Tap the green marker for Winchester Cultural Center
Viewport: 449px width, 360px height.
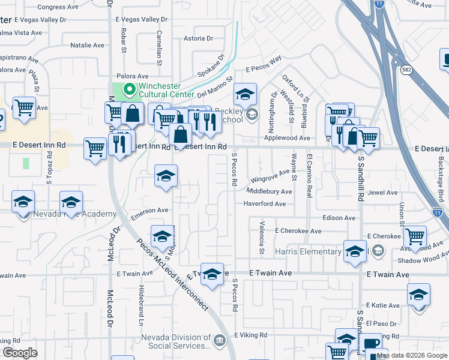click(x=128, y=89)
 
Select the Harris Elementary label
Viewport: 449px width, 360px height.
click(x=308, y=251)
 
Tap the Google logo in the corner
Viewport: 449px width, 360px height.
click(x=20, y=353)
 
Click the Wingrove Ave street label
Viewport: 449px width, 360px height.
click(x=270, y=179)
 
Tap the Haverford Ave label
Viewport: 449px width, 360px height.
click(x=265, y=204)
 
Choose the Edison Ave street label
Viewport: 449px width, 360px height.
click(x=339, y=218)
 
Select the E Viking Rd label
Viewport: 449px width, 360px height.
click(x=250, y=335)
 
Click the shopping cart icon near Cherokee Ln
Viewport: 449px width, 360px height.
click(x=415, y=236)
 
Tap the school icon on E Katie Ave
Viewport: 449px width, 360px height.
click(x=418, y=295)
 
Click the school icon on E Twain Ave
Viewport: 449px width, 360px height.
click(x=211, y=274)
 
